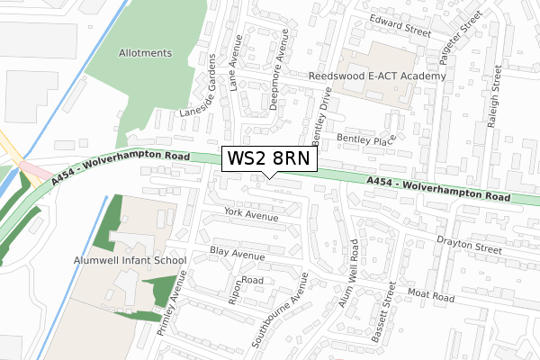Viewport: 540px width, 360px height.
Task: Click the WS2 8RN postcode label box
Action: click(269, 159)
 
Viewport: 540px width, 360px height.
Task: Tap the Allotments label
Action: click(145, 53)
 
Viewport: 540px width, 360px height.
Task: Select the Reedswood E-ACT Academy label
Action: click(377, 77)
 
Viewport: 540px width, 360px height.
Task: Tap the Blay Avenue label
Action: click(237, 254)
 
